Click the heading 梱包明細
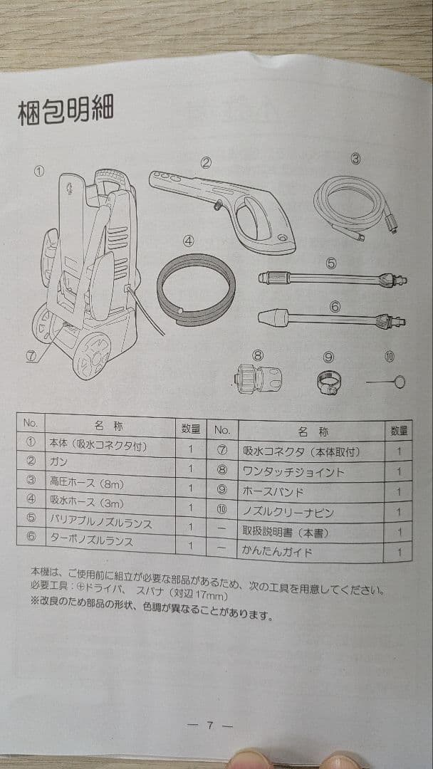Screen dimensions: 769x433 (x=65, y=112)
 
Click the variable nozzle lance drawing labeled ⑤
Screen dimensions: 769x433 (x=332, y=278)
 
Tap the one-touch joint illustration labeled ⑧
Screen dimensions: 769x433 (x=259, y=377)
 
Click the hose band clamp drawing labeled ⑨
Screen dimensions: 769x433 (x=327, y=383)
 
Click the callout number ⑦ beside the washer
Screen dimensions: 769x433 (x=31, y=357)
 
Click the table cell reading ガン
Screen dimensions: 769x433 (x=58, y=462)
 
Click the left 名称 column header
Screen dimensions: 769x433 (x=108, y=426)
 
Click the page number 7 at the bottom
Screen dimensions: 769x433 (x=210, y=726)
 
